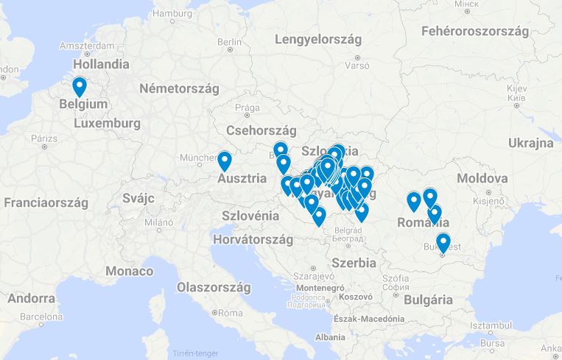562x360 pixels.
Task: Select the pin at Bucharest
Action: pyautogui.click(x=443, y=242)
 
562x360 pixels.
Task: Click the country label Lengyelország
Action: pyautogui.click(x=317, y=40)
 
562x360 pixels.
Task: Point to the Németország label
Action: pyautogui.click(x=180, y=88)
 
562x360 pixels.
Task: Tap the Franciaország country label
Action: pyautogui.click(x=48, y=202)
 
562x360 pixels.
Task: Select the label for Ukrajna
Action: pyautogui.click(x=530, y=143)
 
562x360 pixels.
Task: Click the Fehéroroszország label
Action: pyautogui.click(x=476, y=31)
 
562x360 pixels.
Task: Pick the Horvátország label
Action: pyautogui.click(x=253, y=240)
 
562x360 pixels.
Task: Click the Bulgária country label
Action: pyautogui.click(x=427, y=300)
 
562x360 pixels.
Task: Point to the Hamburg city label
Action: pyautogui.click(x=172, y=13)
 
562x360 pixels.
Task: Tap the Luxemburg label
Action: pyautogui.click(x=108, y=124)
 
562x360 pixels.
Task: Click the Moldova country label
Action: pyautogui.click(x=482, y=178)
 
